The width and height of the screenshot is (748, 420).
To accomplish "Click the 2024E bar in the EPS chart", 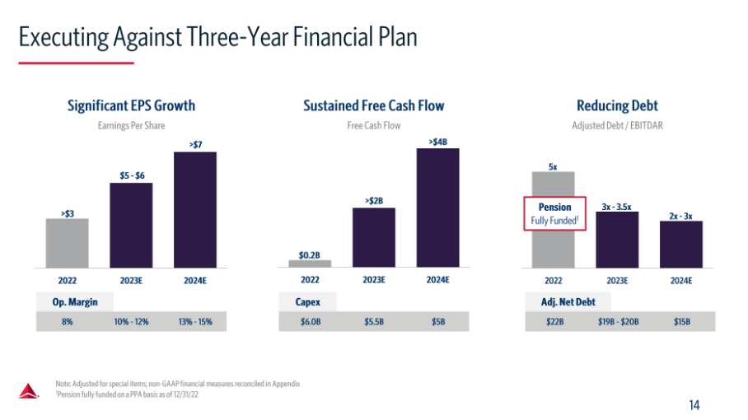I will pos(195,209).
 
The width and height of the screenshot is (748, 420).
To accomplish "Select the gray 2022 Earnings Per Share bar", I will pos(68,243).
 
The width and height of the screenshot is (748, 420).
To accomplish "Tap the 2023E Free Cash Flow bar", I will pos(373,237).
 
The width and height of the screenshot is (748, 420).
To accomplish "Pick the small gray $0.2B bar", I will pos(310,264).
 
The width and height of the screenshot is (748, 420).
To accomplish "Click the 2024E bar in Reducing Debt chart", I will pos(680,244).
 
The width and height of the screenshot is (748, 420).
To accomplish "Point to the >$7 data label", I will pos(195,145).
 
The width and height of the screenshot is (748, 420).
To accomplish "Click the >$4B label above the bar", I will pos(438,142).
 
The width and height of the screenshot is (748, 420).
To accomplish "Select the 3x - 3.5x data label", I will pos(616,206).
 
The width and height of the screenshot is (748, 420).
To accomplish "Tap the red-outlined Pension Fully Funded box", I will pos(554,213).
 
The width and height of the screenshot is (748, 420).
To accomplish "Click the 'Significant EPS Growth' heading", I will pos(132,105).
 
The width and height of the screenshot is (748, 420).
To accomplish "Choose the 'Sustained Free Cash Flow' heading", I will pos(373,105).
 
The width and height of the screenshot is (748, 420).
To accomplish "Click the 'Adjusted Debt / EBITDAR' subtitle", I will pos(617,126).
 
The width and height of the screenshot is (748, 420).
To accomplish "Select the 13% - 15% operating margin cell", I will pos(195,322).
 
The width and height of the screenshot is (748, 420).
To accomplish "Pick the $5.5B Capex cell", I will pos(373,322).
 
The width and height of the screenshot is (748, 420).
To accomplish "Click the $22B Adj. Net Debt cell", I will pos(554,322).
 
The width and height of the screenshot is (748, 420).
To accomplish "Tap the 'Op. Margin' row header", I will pos(76,302).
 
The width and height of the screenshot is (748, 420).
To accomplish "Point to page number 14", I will pos(694,404).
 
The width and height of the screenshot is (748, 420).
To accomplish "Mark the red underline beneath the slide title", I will pos(76,63).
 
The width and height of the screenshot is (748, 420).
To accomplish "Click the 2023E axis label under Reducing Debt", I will pos(617,280).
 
